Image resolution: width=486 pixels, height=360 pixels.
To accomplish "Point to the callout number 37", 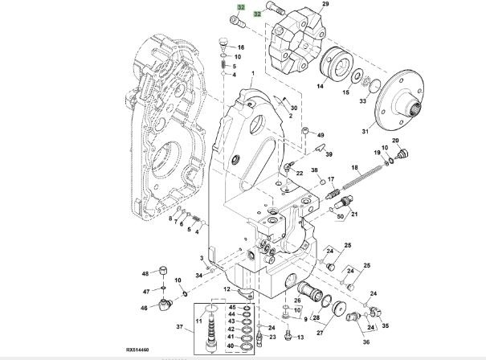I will (179, 326).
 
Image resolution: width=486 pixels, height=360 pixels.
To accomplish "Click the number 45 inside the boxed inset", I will (232, 308).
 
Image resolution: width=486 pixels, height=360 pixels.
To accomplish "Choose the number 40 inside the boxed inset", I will (232, 346).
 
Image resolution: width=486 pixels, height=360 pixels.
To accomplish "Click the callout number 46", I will (145, 307).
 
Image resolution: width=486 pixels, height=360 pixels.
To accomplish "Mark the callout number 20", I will (395, 141).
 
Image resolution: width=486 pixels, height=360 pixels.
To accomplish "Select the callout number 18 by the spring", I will (354, 167).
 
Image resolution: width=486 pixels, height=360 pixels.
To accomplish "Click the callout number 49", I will (320, 135).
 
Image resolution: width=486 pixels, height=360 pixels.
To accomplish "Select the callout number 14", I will (321, 85).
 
